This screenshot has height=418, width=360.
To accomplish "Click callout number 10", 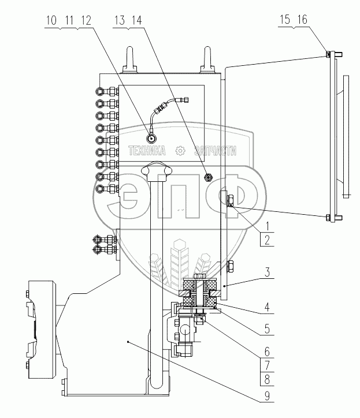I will [x=50, y=20].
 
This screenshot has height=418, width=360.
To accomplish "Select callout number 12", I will [x=87, y=20].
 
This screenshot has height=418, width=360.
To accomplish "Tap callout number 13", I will [x=121, y=20].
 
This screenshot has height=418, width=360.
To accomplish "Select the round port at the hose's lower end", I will [x=151, y=139].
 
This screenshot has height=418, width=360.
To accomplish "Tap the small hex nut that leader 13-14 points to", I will [x=209, y=176].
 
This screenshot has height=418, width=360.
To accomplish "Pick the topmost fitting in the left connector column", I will [x=105, y=91].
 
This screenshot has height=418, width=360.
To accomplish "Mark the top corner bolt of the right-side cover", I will [x=328, y=55].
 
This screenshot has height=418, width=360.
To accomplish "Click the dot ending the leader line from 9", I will [x=128, y=342].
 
